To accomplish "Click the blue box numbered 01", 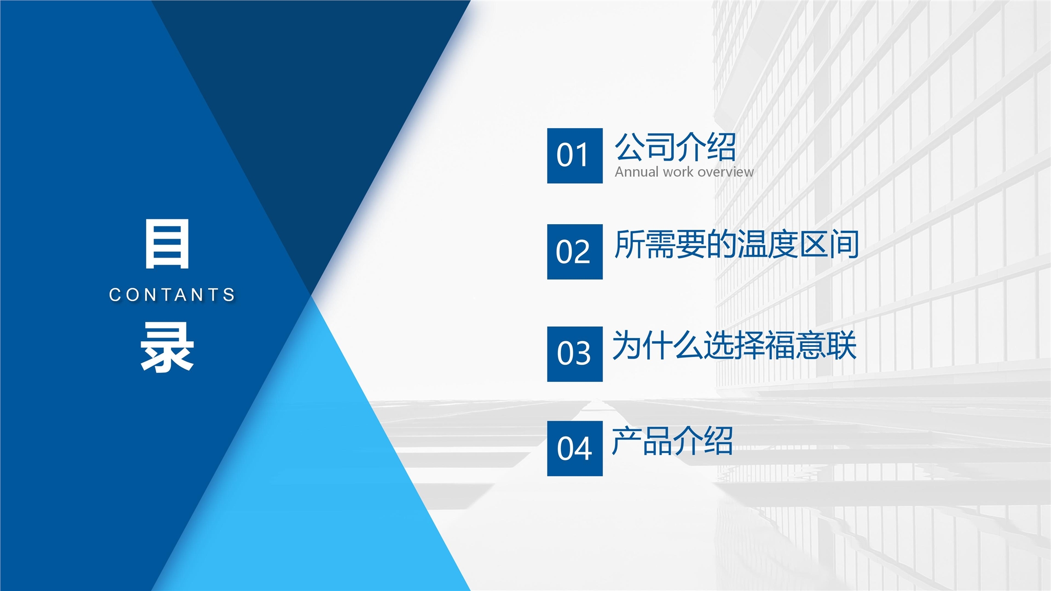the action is (575, 155).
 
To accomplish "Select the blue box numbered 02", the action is (575, 252).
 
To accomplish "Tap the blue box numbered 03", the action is (575, 354).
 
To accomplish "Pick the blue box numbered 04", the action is (575, 448).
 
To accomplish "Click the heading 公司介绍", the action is (675, 147).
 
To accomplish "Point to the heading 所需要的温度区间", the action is (737, 244).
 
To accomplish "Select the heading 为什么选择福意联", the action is (734, 345).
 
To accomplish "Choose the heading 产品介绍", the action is (672, 441).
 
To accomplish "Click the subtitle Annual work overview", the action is (684, 172).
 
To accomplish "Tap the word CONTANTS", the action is (172, 295).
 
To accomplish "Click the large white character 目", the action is (167, 244).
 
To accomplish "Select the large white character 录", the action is (167, 347).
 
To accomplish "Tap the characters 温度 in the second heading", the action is (768, 244).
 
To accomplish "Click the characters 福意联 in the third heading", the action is (811, 345).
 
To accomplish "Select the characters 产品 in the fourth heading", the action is (642, 441).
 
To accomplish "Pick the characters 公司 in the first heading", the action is (645, 147).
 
